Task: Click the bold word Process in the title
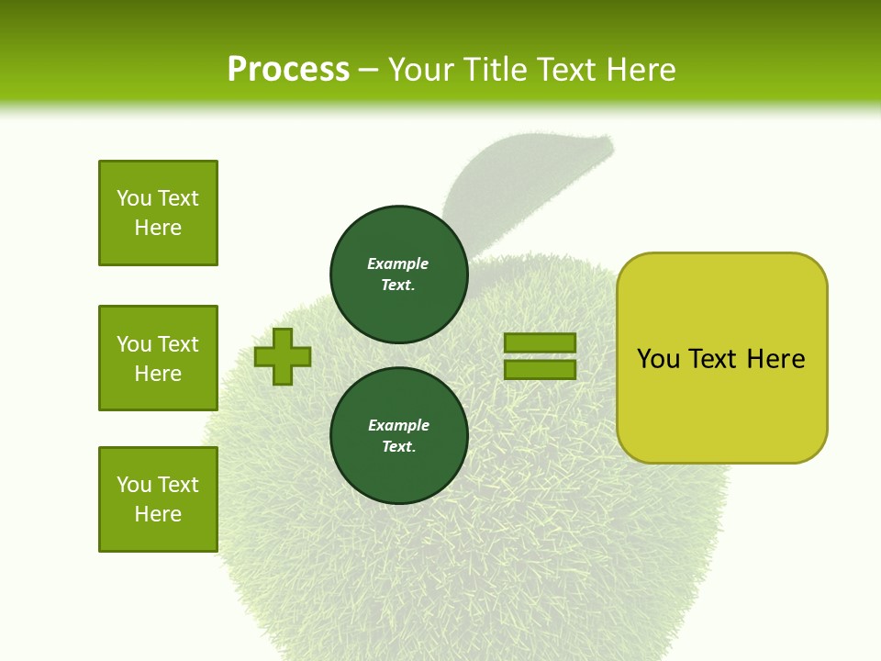point(288,70)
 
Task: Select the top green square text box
point(158,213)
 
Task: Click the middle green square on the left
point(158,358)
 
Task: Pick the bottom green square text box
point(158,499)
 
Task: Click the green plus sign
point(283,356)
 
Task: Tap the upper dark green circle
point(398,274)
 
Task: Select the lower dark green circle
point(398,436)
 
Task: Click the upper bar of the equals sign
point(540,343)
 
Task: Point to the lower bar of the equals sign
point(540,369)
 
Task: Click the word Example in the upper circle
point(398,264)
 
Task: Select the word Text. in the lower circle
point(398,447)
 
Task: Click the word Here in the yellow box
point(775,359)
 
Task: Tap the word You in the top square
point(134,198)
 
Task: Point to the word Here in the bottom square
point(158,514)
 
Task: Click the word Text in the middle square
point(178,344)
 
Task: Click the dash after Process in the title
point(369,70)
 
